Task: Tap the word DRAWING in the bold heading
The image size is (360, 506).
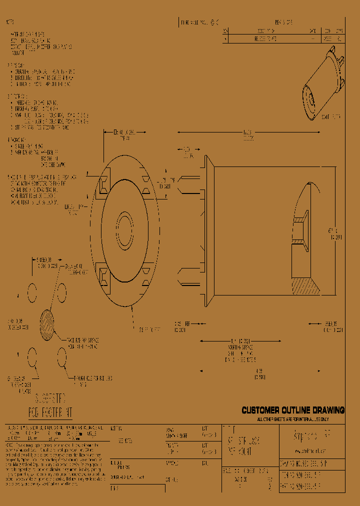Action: click(328, 410)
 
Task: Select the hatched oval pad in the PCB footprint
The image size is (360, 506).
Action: click(46, 325)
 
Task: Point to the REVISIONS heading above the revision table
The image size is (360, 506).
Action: click(283, 22)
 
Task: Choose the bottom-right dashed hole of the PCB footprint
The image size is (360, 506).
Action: click(62, 357)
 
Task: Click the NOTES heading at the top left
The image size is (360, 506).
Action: click(9, 22)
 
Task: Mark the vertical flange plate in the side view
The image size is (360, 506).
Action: click(206, 230)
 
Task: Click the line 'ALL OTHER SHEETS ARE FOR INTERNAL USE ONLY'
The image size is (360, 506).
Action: click(293, 419)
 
